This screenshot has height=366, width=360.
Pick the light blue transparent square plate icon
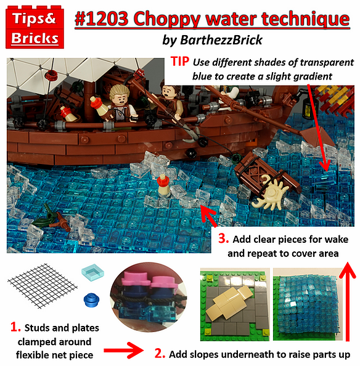pyautogui.click(x=89, y=274)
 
